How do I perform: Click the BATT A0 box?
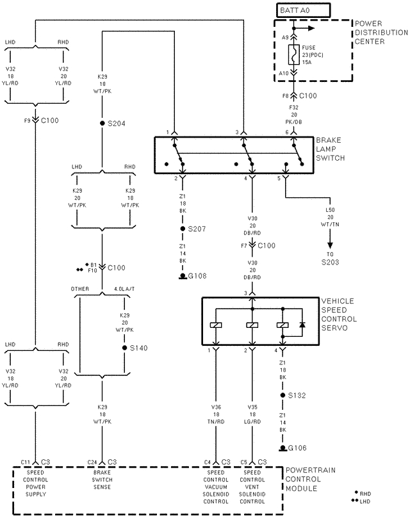pyautogui.click(x=302, y=10)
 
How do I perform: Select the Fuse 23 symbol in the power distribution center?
pyautogui.click(x=293, y=56)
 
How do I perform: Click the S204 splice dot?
pyautogui.click(x=102, y=123)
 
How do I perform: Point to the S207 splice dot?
pyautogui.click(x=183, y=229)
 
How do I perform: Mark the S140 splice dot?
pyautogui.click(x=124, y=348)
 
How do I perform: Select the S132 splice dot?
pyautogui.click(x=282, y=396)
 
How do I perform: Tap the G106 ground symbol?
pyautogui.click(x=282, y=448)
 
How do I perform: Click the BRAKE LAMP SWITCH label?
pyautogui.click(x=331, y=149)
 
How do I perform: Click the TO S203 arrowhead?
pyautogui.click(x=331, y=242)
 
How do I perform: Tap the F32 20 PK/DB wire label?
pyautogui.click(x=294, y=110)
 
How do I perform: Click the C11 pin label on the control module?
pyautogui.click(x=25, y=461)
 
